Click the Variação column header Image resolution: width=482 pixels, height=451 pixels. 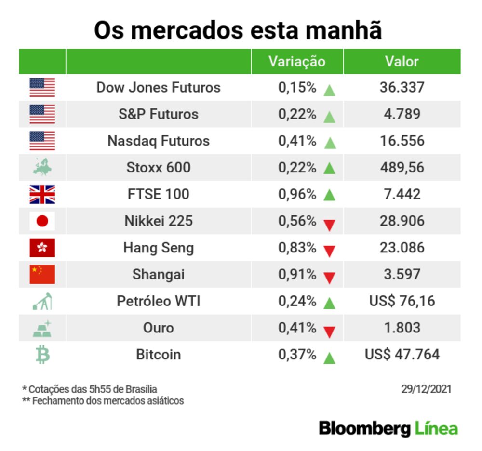point(297,62)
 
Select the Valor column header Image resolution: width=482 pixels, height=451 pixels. point(402,62)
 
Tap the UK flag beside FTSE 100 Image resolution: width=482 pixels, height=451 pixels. point(42,194)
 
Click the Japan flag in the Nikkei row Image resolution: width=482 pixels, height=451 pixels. point(42,221)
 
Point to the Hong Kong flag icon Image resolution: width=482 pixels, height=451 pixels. point(42,248)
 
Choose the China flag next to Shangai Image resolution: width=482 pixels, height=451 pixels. point(42,275)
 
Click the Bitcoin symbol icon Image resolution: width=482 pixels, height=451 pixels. point(42,355)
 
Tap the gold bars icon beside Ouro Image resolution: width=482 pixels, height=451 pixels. point(42,328)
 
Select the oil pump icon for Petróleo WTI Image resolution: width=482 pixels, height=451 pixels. point(42,302)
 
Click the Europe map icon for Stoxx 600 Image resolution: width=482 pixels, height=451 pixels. point(42,168)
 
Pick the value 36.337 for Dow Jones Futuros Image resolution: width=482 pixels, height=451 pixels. point(402,88)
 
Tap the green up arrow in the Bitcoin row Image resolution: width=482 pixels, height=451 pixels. point(330,358)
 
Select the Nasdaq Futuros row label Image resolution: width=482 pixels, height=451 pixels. point(159,141)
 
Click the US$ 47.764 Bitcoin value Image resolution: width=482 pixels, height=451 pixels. point(402,355)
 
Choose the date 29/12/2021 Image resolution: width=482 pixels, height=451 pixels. point(426,389)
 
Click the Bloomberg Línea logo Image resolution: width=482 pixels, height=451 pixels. point(388,428)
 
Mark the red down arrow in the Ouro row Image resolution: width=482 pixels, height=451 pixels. point(330,331)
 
